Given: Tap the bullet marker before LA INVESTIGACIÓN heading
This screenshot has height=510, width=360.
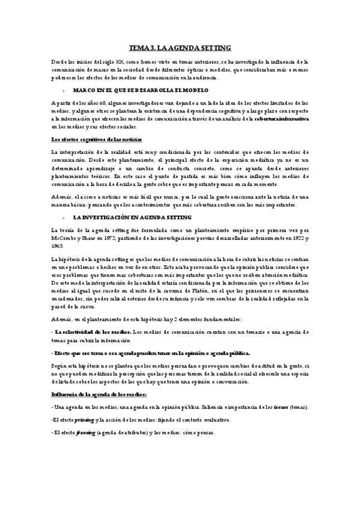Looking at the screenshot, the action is pos(55,200).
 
